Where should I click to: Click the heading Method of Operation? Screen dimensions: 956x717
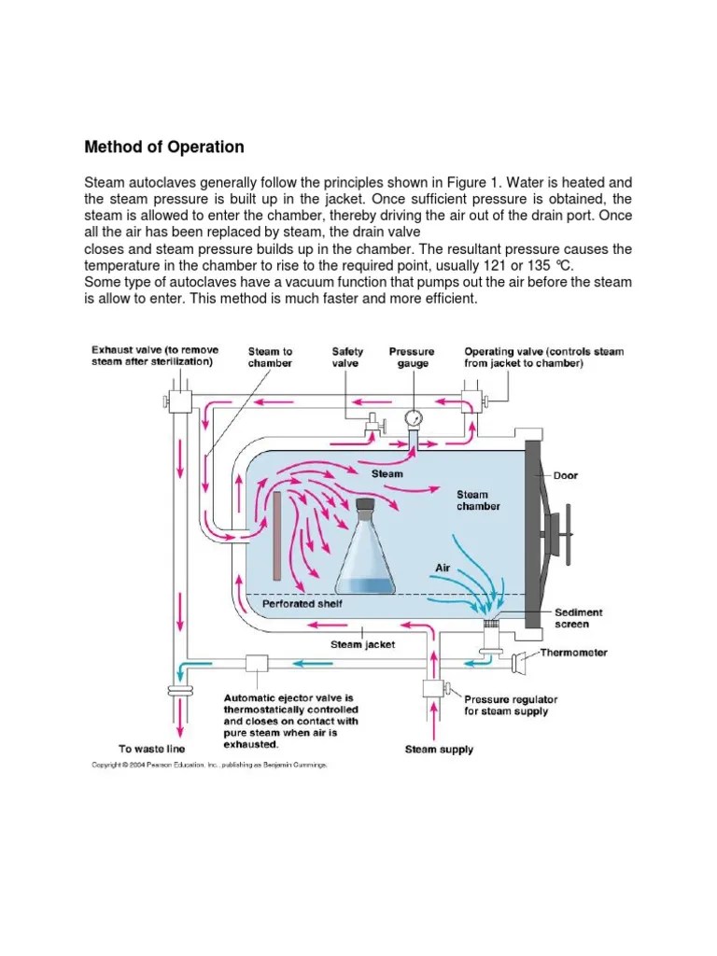click(164, 147)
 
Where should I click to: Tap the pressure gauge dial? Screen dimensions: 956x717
click(415, 417)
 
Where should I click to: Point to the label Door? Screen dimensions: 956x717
click(565, 475)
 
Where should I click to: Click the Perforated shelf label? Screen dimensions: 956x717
click(302, 604)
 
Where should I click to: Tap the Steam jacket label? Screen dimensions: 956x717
click(363, 643)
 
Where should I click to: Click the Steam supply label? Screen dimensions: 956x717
click(438, 749)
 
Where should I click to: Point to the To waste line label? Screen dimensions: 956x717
click(151, 749)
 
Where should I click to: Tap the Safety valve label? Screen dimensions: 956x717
click(348, 358)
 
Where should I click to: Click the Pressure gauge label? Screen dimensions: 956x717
click(412, 358)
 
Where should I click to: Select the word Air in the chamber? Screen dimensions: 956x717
click(443, 567)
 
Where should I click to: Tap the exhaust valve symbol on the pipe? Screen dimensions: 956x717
click(176, 401)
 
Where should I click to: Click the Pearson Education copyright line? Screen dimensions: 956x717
click(208, 765)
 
